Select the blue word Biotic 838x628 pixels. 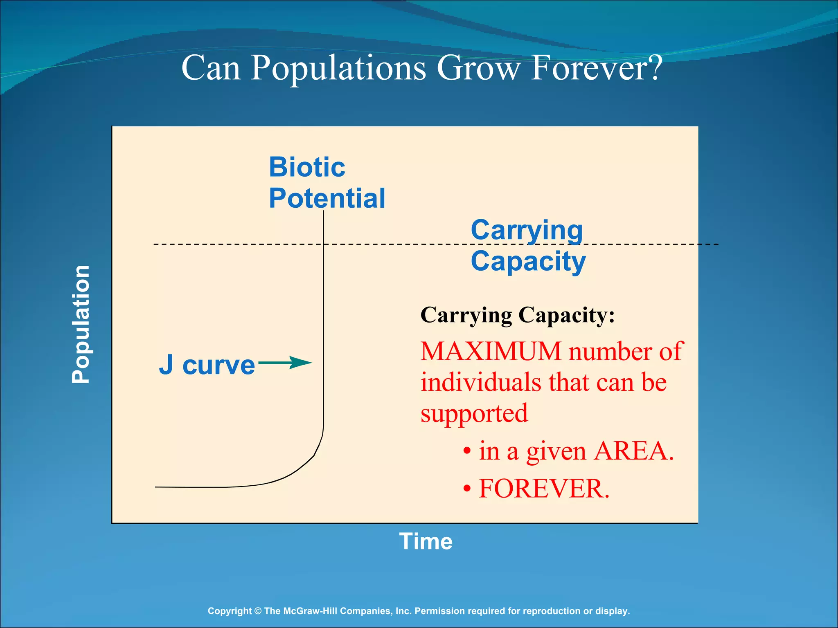click(x=307, y=167)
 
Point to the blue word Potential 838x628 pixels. click(x=327, y=198)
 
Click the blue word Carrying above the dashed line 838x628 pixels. click(x=527, y=230)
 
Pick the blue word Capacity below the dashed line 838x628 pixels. click(x=528, y=261)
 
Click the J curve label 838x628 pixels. click(x=207, y=365)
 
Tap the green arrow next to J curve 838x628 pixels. click(x=285, y=363)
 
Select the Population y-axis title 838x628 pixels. click(x=81, y=324)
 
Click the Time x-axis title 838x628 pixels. click(x=426, y=541)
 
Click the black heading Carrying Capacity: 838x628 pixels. click(x=517, y=315)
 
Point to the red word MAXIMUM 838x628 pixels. click(x=491, y=351)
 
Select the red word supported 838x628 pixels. click(x=474, y=413)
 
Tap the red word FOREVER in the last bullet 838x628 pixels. click(x=544, y=489)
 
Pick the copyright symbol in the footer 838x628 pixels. click(x=258, y=611)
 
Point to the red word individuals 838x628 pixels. click(x=481, y=382)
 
